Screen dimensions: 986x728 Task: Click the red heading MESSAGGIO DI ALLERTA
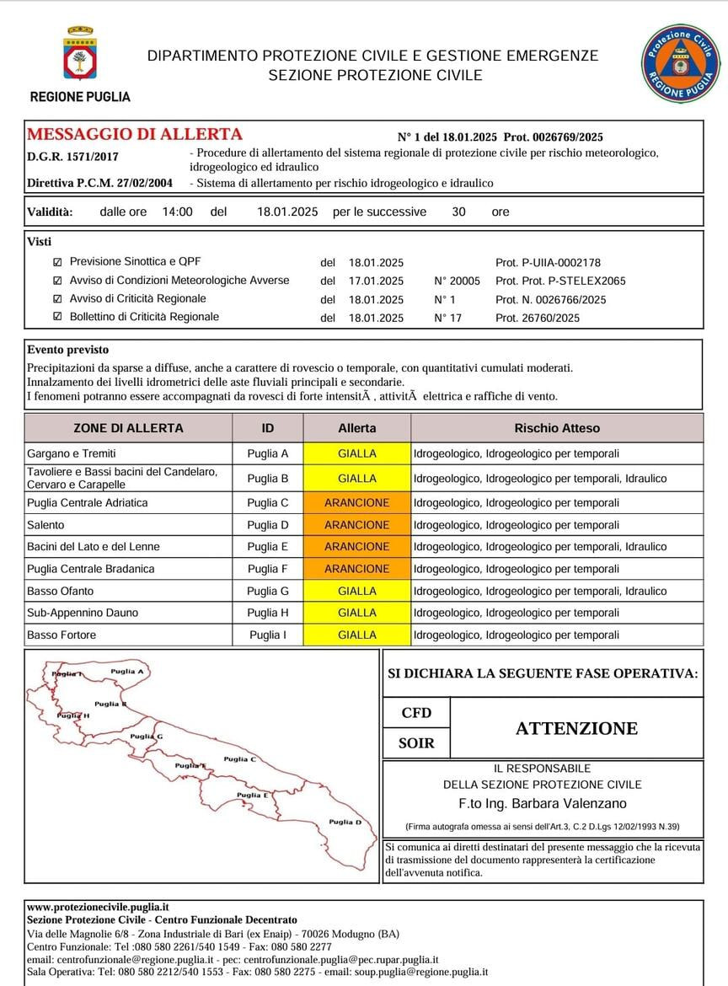click(135, 135)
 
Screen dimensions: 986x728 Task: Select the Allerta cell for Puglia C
click(357, 503)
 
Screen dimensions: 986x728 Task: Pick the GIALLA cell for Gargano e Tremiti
click(357, 453)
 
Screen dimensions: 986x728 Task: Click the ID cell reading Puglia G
click(268, 591)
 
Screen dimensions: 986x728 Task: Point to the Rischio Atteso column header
click(557, 428)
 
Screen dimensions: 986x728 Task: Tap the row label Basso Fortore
click(62, 635)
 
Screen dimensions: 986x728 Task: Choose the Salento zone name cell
click(45, 525)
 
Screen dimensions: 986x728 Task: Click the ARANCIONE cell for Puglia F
click(357, 569)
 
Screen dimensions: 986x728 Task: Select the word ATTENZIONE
click(576, 728)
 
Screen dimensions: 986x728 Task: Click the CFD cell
click(416, 713)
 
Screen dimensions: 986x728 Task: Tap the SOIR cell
click(416, 743)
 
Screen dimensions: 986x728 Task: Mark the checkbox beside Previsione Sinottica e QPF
click(57, 262)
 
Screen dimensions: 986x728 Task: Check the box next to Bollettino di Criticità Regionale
click(57, 317)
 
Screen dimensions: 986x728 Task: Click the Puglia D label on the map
click(345, 822)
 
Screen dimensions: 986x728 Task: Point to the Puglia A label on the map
click(130, 672)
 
